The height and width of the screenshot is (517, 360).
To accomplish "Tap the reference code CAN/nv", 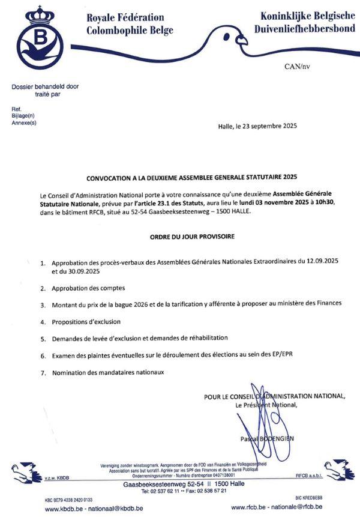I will click(297, 67).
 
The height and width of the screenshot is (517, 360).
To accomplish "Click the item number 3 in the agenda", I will click(43, 304).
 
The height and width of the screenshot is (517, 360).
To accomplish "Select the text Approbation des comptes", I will click(83, 288).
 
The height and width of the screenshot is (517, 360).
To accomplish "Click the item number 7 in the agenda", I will click(43, 373).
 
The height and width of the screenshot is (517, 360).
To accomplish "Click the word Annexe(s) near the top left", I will click(24, 122).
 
